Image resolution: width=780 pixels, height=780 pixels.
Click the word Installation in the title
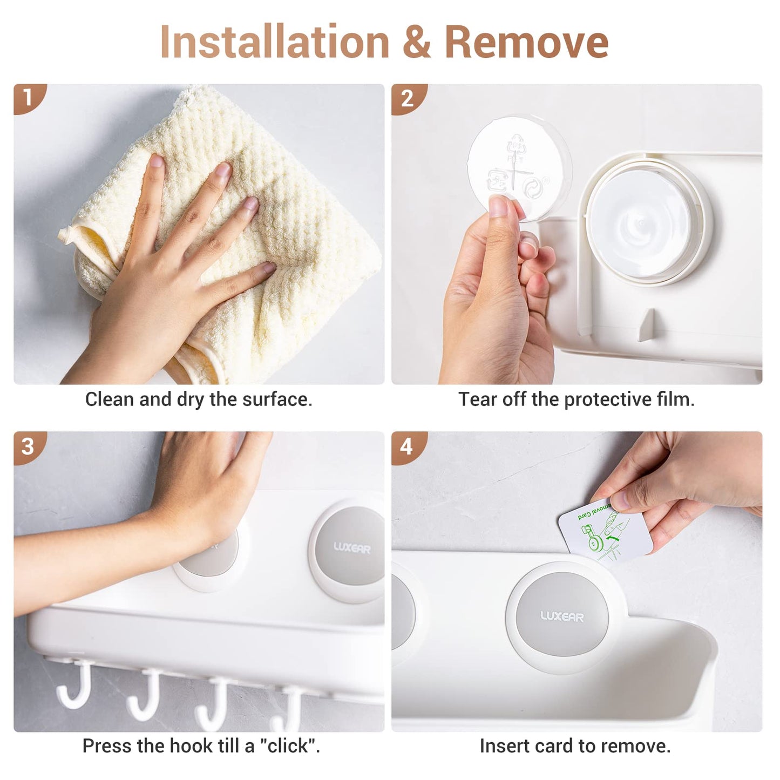pos(274,43)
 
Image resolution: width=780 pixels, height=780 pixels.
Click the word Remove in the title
pos(526,43)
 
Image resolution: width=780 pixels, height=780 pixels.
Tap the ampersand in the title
pos(416,43)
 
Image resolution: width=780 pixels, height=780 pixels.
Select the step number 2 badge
pos(406,98)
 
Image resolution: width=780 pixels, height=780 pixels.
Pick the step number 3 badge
pos(28,446)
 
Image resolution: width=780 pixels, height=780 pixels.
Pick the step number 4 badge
pos(406,446)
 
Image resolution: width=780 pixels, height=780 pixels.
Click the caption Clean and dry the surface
pos(199,399)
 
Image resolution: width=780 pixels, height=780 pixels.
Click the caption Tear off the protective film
pos(576,399)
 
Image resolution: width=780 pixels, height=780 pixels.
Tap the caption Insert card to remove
pos(575,746)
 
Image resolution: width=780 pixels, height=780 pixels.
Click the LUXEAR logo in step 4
pos(561,616)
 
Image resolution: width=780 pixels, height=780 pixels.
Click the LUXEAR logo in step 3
pos(352,548)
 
